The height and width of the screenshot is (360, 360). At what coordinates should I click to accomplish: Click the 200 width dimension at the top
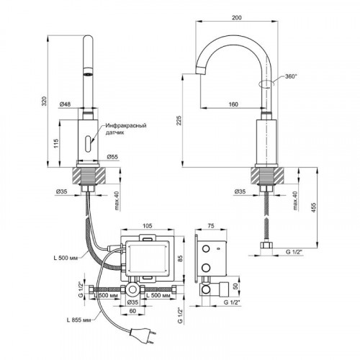[237, 17]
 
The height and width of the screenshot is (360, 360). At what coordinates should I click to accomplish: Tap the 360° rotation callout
[291, 76]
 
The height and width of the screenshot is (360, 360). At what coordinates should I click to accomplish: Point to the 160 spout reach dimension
[233, 104]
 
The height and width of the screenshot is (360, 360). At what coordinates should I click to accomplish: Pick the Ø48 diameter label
[65, 104]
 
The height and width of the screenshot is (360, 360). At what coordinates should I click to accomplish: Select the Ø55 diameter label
[112, 157]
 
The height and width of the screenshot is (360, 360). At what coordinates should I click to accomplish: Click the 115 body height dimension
[56, 143]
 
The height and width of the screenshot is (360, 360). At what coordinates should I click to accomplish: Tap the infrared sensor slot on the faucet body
[88, 143]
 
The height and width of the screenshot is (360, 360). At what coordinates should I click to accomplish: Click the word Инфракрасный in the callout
[126, 125]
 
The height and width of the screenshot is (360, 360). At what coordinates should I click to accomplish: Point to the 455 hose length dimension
[314, 208]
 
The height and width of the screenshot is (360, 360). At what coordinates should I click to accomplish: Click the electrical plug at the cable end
[143, 334]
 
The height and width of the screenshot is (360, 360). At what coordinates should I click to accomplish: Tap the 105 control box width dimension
[148, 225]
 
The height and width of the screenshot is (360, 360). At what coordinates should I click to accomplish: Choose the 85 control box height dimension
[181, 258]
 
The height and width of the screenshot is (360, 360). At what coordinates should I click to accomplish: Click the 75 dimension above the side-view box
[211, 225]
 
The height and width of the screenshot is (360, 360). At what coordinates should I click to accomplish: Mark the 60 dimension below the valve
[132, 311]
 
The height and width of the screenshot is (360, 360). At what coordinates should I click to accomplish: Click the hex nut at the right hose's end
[266, 246]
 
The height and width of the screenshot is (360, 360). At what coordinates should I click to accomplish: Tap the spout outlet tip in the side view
[201, 71]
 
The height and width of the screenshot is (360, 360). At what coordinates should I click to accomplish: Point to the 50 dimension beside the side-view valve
[235, 286]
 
